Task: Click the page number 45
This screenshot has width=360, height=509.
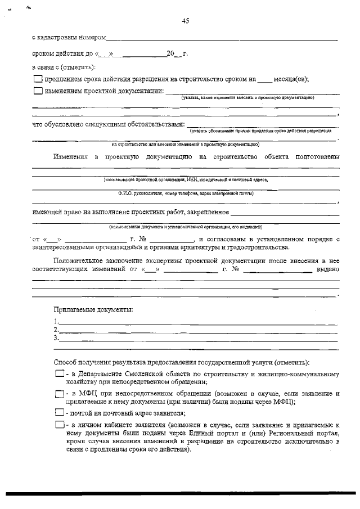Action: (186, 21)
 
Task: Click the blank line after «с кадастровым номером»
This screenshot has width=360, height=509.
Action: (222, 39)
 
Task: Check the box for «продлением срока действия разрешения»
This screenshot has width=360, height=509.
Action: (38, 79)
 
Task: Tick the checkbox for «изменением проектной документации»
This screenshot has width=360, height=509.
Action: (38, 91)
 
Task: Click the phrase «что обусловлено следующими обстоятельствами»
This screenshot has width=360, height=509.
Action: (107, 124)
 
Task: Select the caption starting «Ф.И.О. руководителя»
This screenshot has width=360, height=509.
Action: (186, 193)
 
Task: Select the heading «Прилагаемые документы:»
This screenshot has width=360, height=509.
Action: (93, 310)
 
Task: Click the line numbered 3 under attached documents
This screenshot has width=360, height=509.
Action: (197, 340)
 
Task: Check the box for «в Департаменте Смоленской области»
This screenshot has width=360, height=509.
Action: (59, 374)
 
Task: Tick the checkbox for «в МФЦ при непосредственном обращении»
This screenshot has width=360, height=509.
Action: (59, 394)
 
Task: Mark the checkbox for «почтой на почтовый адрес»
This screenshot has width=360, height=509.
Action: (59, 413)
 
